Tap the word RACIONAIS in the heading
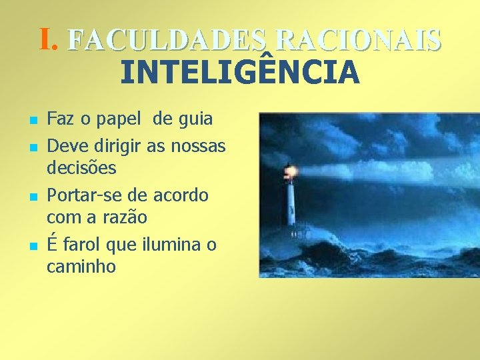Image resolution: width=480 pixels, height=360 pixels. point(357,41)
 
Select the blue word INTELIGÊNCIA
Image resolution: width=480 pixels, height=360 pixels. point(240,72)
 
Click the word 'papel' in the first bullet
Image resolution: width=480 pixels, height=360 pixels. point(121,121)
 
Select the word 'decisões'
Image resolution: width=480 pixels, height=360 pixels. point(81,168)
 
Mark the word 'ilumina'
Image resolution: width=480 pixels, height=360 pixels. point(172,245)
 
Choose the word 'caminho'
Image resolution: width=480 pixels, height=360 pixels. point(81,267)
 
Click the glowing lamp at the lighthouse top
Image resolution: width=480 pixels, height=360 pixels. point(289,172)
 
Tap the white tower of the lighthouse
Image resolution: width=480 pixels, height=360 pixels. point(291,203)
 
